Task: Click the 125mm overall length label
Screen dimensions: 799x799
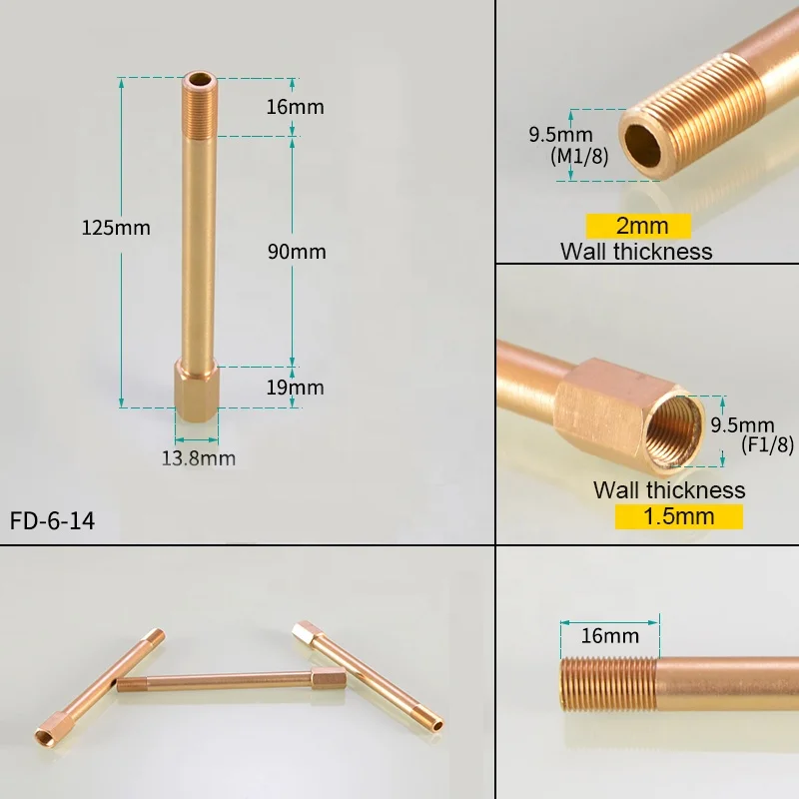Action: pos(116,228)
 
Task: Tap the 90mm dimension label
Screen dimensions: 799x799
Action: pos(297,252)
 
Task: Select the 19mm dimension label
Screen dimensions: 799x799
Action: pos(296,387)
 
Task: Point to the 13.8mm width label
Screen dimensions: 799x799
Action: pos(199,458)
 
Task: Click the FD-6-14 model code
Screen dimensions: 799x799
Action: pos(53,521)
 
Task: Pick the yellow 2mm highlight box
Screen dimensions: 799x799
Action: pos(641,226)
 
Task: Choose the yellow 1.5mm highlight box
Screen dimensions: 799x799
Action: pos(678,516)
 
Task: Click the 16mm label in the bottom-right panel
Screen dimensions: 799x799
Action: pos(609,635)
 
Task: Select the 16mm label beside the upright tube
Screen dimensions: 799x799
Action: pos(296,107)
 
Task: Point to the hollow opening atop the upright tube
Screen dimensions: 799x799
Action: pos(198,78)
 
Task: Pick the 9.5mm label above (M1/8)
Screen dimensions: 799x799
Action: pos(560,134)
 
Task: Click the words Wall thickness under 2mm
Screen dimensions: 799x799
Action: pos(636,252)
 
